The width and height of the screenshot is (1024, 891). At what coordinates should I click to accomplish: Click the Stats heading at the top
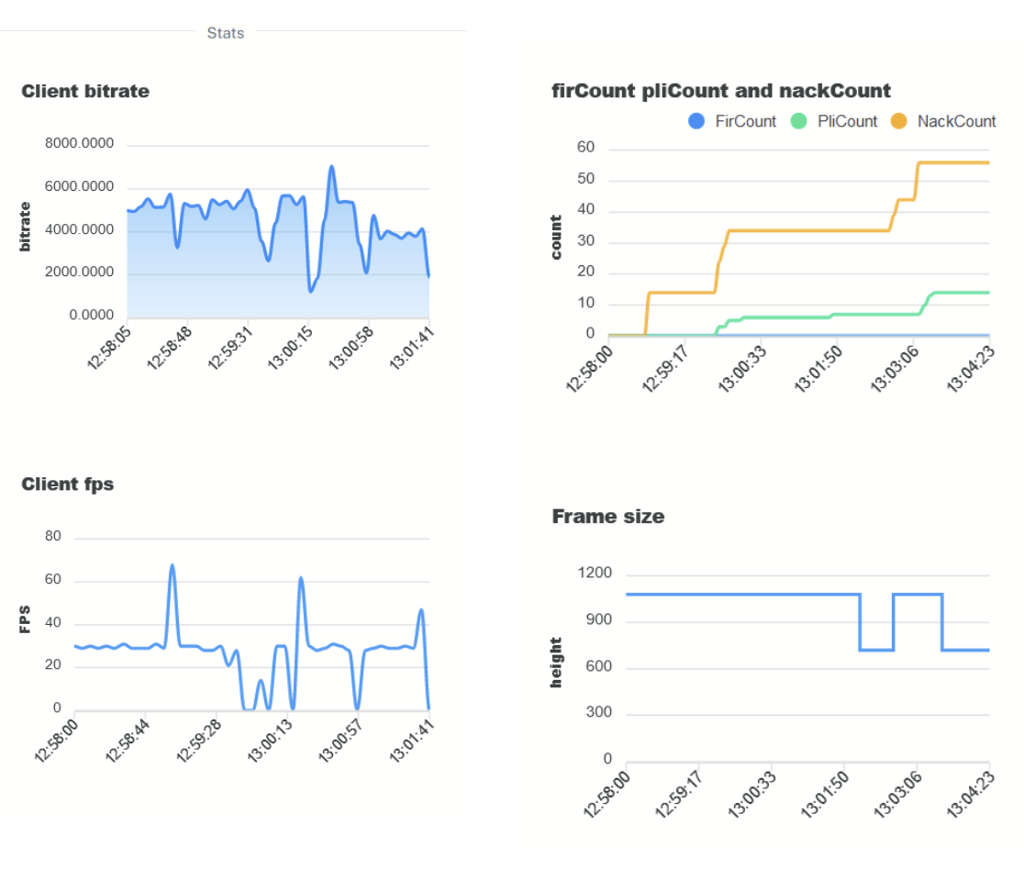click(226, 33)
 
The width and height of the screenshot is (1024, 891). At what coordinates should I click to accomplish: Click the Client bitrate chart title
click(85, 92)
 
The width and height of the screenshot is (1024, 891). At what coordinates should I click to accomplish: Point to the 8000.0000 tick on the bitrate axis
click(80, 144)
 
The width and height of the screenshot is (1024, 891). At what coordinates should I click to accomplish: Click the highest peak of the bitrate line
click(331, 167)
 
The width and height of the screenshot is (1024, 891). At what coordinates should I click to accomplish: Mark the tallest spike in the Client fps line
click(172, 565)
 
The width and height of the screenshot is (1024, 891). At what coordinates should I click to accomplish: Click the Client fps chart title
click(68, 484)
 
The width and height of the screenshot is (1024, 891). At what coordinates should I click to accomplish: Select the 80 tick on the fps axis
click(53, 538)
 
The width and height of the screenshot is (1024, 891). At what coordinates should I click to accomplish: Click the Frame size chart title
click(607, 517)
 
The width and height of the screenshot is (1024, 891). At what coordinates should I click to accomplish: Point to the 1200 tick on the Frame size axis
click(594, 574)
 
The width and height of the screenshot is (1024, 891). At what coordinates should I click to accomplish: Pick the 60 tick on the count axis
click(585, 148)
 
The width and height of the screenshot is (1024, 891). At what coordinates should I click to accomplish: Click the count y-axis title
click(557, 237)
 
